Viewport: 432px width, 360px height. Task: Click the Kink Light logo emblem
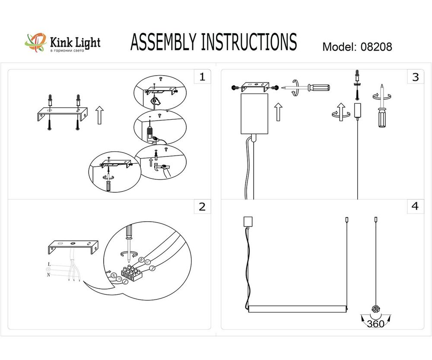pyautogui.click(x=36, y=43)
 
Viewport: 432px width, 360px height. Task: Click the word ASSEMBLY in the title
pyautogui.click(x=164, y=42)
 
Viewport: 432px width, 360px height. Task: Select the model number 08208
pyautogui.click(x=376, y=47)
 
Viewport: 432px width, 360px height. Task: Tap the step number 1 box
pyautogui.click(x=202, y=77)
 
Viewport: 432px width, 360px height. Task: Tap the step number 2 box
pyautogui.click(x=202, y=207)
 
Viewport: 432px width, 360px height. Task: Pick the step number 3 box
pyautogui.click(x=415, y=77)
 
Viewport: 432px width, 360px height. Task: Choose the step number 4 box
pyautogui.click(x=415, y=207)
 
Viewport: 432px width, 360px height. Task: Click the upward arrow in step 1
pyautogui.click(x=99, y=115)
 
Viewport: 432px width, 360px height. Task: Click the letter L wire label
pyautogui.click(x=49, y=264)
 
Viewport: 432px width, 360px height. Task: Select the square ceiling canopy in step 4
pyautogui.click(x=248, y=221)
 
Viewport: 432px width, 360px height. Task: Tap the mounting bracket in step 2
pyautogui.click(x=73, y=248)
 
